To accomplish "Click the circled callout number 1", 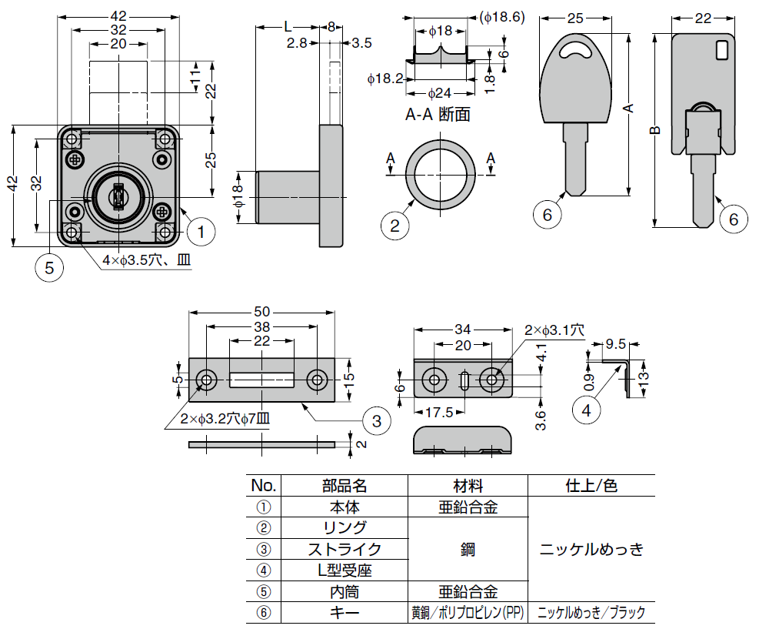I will click(x=200, y=229).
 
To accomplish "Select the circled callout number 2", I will click(x=394, y=225).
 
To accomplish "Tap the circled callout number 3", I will click(x=376, y=420).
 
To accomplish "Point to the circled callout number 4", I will click(x=586, y=410).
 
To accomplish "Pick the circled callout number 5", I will click(x=49, y=267).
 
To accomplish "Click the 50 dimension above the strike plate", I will click(x=262, y=312).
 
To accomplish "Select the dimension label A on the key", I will click(x=628, y=109).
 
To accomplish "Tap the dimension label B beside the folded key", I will click(x=654, y=131).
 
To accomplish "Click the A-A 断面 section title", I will click(x=438, y=115).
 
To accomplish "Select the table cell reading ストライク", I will click(x=345, y=549).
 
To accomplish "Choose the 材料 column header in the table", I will click(x=468, y=486).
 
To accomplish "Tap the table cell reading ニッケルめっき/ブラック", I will click(x=591, y=613).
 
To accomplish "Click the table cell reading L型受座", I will click(x=345, y=570).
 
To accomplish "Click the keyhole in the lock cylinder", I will click(x=118, y=197).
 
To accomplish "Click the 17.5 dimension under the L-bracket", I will click(x=438, y=412).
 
